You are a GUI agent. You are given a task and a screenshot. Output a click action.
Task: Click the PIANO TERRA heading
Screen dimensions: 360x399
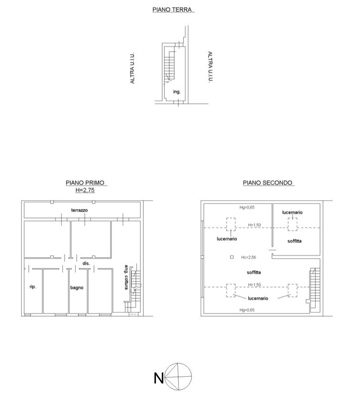[172, 10]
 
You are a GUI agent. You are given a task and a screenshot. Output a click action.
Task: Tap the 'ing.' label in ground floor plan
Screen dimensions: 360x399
[177, 92]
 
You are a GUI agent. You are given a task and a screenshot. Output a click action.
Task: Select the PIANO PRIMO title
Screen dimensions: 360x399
[85, 183]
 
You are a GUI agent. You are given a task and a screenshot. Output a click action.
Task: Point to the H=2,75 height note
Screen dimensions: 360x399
[85, 190]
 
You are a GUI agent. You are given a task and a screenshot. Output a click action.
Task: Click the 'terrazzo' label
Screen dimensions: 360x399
[79, 210]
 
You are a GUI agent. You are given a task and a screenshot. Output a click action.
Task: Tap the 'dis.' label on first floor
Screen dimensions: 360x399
[86, 263]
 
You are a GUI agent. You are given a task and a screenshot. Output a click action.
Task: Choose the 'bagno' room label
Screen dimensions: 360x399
[77, 288]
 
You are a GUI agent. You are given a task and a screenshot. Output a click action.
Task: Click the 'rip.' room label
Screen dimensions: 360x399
[33, 287]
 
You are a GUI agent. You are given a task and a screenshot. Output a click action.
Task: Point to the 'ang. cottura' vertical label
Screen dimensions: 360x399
[126, 277]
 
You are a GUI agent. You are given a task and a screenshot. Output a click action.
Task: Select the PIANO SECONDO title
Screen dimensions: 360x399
[267, 183]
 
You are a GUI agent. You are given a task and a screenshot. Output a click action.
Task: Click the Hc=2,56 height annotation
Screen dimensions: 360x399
[249, 257]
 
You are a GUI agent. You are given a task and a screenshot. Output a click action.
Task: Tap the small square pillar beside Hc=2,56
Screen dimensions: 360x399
[232, 257]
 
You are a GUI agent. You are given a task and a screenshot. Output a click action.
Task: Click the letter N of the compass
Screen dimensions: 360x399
[158, 378]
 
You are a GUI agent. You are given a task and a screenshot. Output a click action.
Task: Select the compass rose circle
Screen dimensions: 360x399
[178, 363]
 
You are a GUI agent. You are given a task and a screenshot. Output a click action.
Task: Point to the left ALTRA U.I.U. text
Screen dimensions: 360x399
[132, 68]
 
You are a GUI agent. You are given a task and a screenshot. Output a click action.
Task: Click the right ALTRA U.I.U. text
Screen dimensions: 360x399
[210, 67]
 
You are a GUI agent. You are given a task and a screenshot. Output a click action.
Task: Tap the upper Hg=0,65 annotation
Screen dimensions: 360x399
[247, 207]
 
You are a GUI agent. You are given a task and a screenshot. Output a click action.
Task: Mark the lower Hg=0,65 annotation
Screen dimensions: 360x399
[247, 310]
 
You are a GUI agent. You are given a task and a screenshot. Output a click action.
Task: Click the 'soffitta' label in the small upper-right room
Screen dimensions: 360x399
[295, 241]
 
